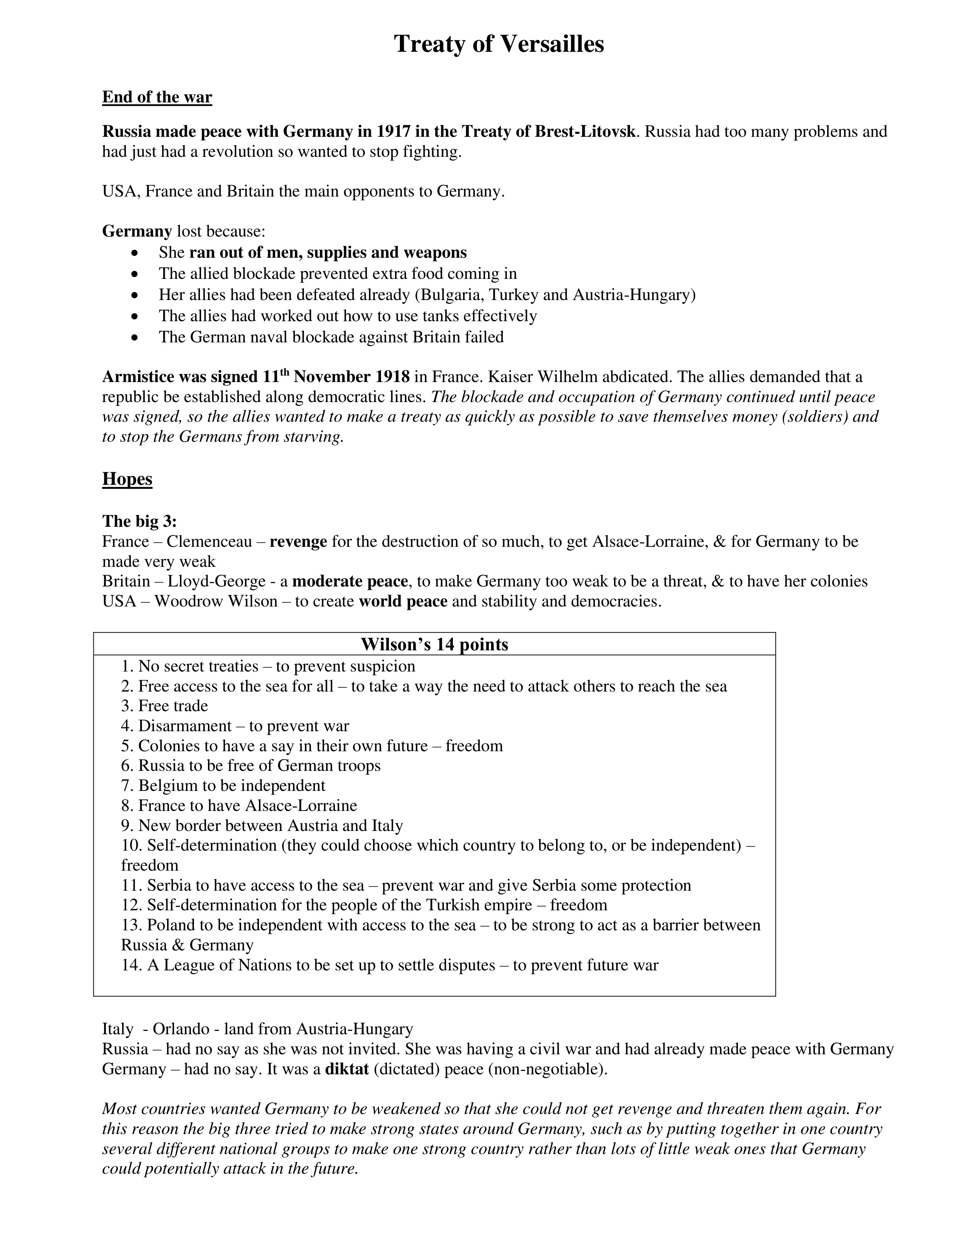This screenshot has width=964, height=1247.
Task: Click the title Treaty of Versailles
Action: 499,44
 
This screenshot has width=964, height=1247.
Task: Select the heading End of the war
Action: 157,97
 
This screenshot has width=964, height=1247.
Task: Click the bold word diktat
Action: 347,1069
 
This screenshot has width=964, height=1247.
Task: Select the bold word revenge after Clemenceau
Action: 298,541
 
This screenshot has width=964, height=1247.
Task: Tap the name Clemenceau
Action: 209,541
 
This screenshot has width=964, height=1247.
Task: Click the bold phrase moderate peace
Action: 350,581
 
